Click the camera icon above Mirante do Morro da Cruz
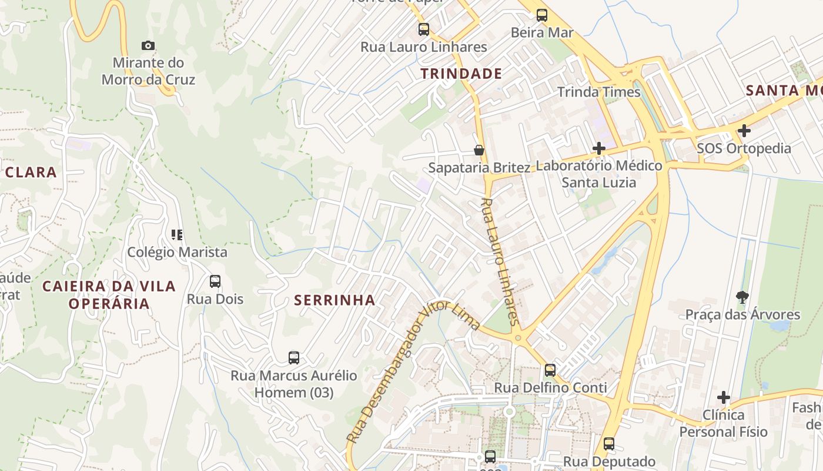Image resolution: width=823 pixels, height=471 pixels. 148,45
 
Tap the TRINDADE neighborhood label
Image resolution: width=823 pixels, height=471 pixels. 461,74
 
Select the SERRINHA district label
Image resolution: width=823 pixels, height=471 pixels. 334,300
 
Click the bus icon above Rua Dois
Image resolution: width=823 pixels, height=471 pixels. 215,281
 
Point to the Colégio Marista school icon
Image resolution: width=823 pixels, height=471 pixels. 177,235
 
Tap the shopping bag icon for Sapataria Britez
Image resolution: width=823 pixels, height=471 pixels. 479,150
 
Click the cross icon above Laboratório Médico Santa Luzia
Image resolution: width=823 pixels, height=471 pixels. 599,148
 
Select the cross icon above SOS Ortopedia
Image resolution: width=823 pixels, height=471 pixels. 744,130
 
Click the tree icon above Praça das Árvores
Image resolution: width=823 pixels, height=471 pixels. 742,297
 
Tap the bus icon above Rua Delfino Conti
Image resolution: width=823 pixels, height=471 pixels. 550,370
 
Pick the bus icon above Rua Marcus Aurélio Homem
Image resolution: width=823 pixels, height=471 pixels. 294,357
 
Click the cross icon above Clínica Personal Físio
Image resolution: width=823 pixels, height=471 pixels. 724,397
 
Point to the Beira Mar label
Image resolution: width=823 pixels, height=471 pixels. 541,32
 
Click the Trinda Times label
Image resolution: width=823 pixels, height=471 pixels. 598,92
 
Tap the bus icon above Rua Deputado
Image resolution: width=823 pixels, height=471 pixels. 609,443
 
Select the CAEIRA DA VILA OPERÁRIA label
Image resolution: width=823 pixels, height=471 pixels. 109,295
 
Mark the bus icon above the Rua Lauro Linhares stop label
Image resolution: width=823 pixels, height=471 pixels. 423,29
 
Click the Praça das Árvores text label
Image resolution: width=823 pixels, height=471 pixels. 742,314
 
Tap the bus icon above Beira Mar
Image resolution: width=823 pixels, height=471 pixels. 542,15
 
